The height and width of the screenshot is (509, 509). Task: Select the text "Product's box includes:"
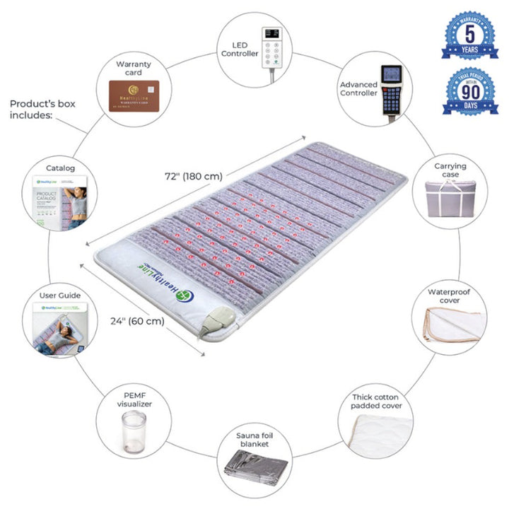coord(42,110)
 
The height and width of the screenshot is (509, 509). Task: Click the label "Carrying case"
coord(450,170)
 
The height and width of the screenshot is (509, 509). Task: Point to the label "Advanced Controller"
coord(358,88)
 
